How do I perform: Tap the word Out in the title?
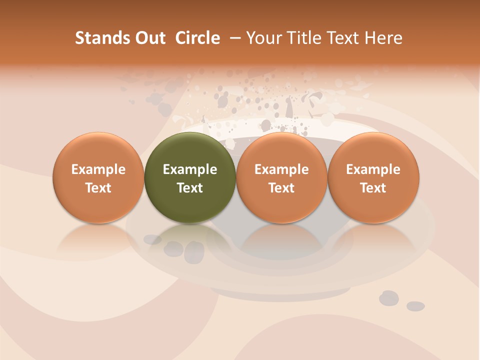click(x=149, y=38)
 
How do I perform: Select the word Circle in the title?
click(x=197, y=38)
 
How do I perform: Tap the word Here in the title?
click(x=384, y=38)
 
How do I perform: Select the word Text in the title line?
click(x=342, y=38)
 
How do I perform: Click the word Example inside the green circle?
click(x=190, y=169)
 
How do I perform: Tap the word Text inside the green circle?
click(x=190, y=188)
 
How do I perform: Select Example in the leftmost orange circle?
click(x=98, y=169)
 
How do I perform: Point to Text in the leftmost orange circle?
click(x=98, y=188)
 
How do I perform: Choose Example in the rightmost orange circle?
click(x=373, y=169)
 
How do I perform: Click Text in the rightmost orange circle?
click(x=373, y=188)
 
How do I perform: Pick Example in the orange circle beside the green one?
click(x=281, y=169)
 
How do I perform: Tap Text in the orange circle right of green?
click(x=281, y=188)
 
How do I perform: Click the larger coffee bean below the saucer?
click(x=389, y=298)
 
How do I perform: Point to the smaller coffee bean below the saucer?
click(x=415, y=306)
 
